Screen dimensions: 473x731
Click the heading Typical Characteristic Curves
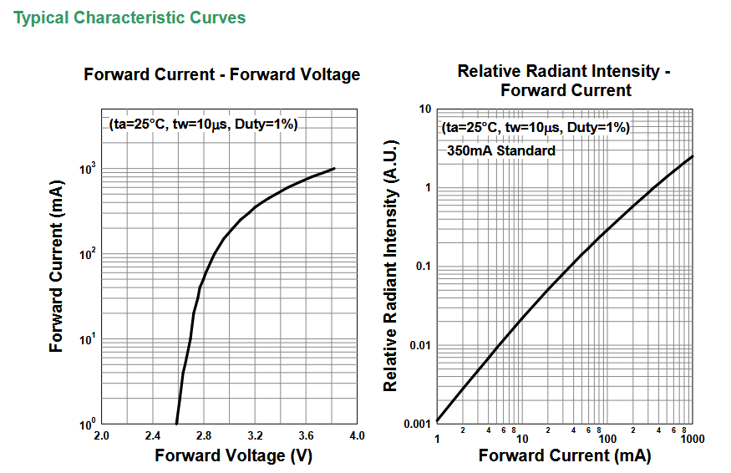[129, 18]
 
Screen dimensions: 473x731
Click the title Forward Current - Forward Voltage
[221, 74]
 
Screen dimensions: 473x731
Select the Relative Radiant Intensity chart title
[565, 80]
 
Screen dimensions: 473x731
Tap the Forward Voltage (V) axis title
[221, 455]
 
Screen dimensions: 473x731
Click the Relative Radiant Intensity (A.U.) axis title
[390, 266]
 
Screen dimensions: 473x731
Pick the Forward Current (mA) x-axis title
[564, 455]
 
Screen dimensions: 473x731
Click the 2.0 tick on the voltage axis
[101, 436]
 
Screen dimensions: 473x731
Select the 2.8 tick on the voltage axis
[204, 436]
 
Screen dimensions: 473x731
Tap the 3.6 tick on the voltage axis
[306, 436]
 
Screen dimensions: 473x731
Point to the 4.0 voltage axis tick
[357, 436]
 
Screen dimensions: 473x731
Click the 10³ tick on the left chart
[87, 168]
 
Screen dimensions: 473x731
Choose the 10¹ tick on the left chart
[87, 338]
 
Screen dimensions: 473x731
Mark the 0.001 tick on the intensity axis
[416, 424]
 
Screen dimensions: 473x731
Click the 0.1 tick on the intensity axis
[422, 267]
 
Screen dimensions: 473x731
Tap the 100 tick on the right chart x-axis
[607, 439]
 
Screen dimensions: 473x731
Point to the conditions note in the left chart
[203, 125]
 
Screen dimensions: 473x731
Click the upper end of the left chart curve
[334, 168]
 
